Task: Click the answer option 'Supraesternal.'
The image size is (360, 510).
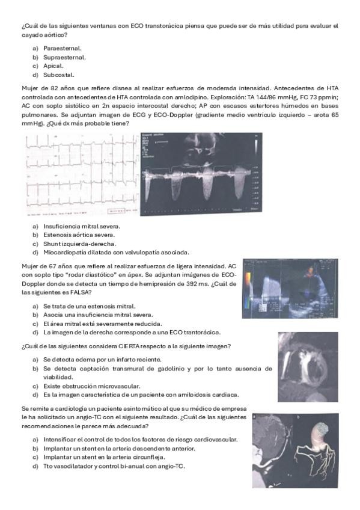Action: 64,57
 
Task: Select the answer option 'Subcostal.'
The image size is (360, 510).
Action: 59,75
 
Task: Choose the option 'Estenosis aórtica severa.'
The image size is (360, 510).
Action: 79,235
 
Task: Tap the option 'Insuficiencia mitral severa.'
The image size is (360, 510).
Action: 82,226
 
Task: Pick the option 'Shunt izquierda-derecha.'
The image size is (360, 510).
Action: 79,244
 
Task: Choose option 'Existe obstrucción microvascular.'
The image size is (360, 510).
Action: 91,386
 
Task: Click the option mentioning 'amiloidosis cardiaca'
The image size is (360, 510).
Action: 141,395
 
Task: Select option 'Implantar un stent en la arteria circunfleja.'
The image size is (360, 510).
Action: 104,457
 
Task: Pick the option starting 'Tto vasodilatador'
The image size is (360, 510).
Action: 114,466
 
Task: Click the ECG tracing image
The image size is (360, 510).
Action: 82,174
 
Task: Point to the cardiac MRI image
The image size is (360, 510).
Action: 308,367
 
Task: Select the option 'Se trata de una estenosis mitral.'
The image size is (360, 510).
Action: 90,306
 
